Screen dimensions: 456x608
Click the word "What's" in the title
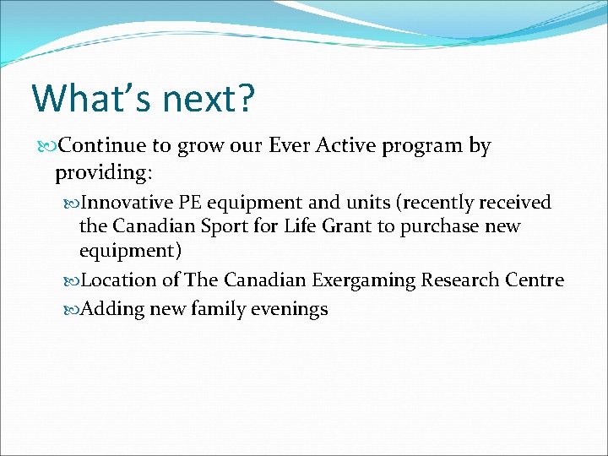(x=79, y=98)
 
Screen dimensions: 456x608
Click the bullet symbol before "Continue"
(x=47, y=147)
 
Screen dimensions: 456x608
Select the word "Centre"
(x=534, y=280)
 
